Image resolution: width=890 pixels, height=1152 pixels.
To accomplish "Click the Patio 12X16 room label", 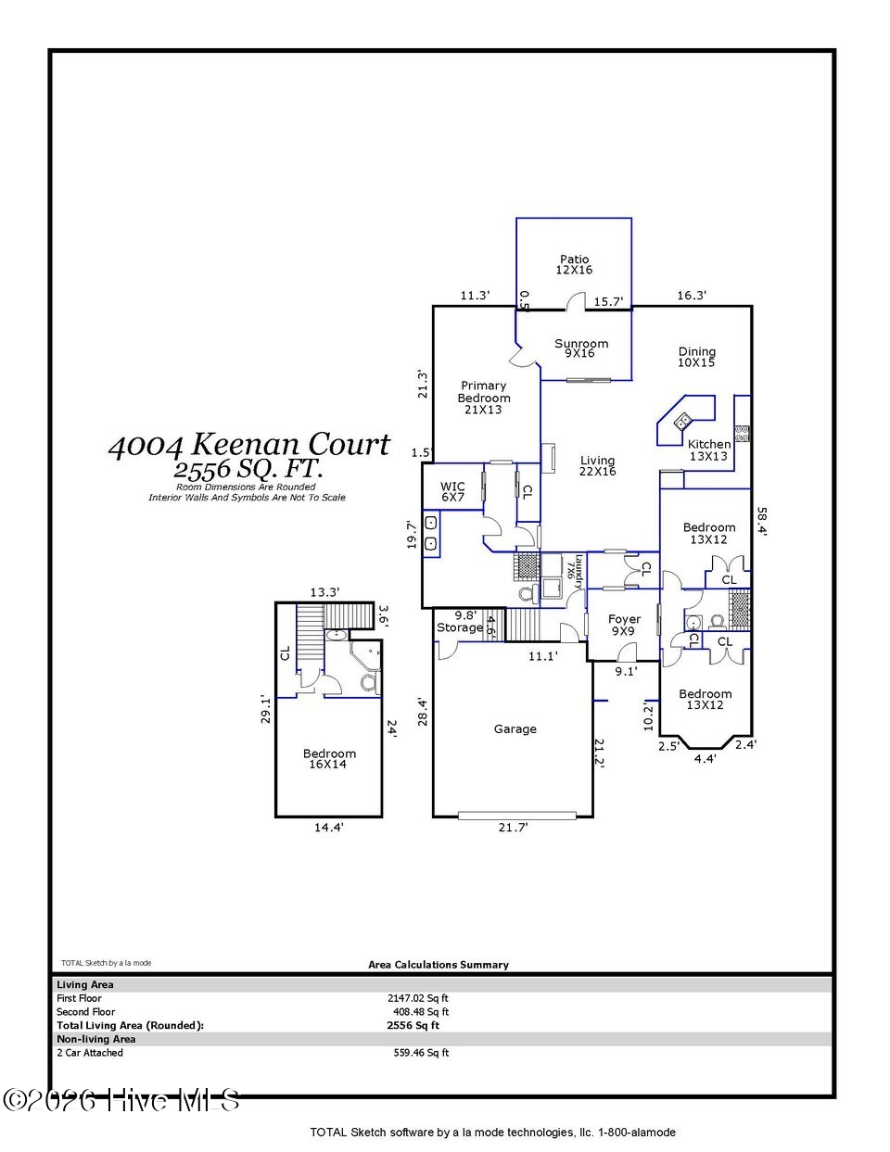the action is click(x=574, y=264).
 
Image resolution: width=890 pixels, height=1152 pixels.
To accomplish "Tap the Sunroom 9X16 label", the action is click(x=581, y=348).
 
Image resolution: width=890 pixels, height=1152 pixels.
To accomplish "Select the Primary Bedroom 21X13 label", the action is click(x=483, y=398).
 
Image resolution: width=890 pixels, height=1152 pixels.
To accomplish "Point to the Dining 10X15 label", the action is click(x=696, y=357).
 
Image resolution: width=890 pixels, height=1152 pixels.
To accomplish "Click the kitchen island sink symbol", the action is click(x=682, y=422).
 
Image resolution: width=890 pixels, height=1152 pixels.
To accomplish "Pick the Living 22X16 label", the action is click(x=597, y=466).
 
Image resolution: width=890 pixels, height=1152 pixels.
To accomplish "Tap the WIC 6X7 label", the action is click(x=452, y=491).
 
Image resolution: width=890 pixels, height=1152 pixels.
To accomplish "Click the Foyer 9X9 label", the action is click(x=624, y=625).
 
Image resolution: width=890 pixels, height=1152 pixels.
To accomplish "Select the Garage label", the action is click(x=515, y=729).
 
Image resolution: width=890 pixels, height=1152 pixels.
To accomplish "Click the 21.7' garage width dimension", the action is click(x=513, y=827).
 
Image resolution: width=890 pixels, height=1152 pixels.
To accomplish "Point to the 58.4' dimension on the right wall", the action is click(x=762, y=522).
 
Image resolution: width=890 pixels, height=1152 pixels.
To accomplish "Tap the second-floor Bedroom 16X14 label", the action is click(x=329, y=759).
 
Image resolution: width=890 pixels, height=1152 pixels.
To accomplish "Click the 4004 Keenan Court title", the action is click(x=249, y=444).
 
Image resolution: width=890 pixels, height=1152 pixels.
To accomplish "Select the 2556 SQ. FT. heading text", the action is click(x=248, y=469).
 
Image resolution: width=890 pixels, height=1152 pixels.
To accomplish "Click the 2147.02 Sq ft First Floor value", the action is click(x=418, y=998).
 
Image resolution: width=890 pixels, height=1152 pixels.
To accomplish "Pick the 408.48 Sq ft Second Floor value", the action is click(x=420, y=1012).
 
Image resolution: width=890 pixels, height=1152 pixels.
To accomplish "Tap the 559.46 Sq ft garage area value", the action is click(x=420, y=1053).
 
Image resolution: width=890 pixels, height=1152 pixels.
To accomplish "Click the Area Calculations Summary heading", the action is click(x=439, y=965).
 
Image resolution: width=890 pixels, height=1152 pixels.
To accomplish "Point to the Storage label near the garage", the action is click(x=460, y=627).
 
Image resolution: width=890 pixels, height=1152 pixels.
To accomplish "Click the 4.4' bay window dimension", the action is click(x=705, y=759).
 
